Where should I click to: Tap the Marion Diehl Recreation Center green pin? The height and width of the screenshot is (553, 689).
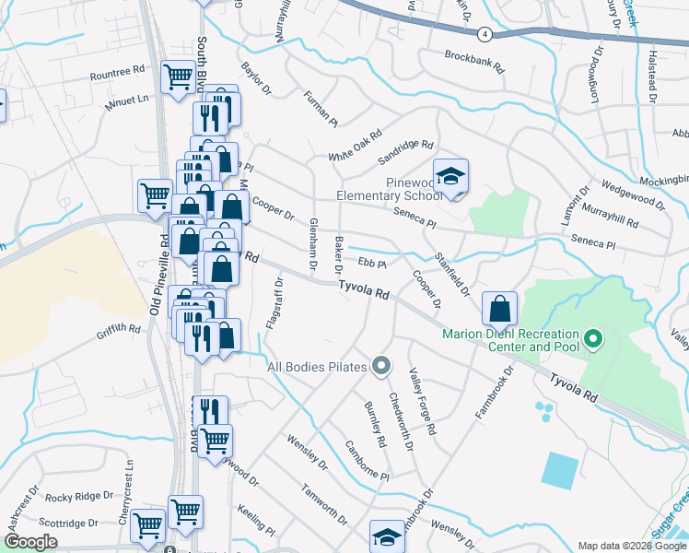point(593,340)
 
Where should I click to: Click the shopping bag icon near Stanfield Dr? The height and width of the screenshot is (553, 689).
point(499,307)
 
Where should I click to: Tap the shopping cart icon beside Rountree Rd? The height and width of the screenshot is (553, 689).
point(178,76)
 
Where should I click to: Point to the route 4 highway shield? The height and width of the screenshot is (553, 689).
point(484,33)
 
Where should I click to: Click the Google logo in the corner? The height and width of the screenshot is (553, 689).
point(30,542)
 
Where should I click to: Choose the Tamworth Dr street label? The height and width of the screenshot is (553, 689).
point(323,505)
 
